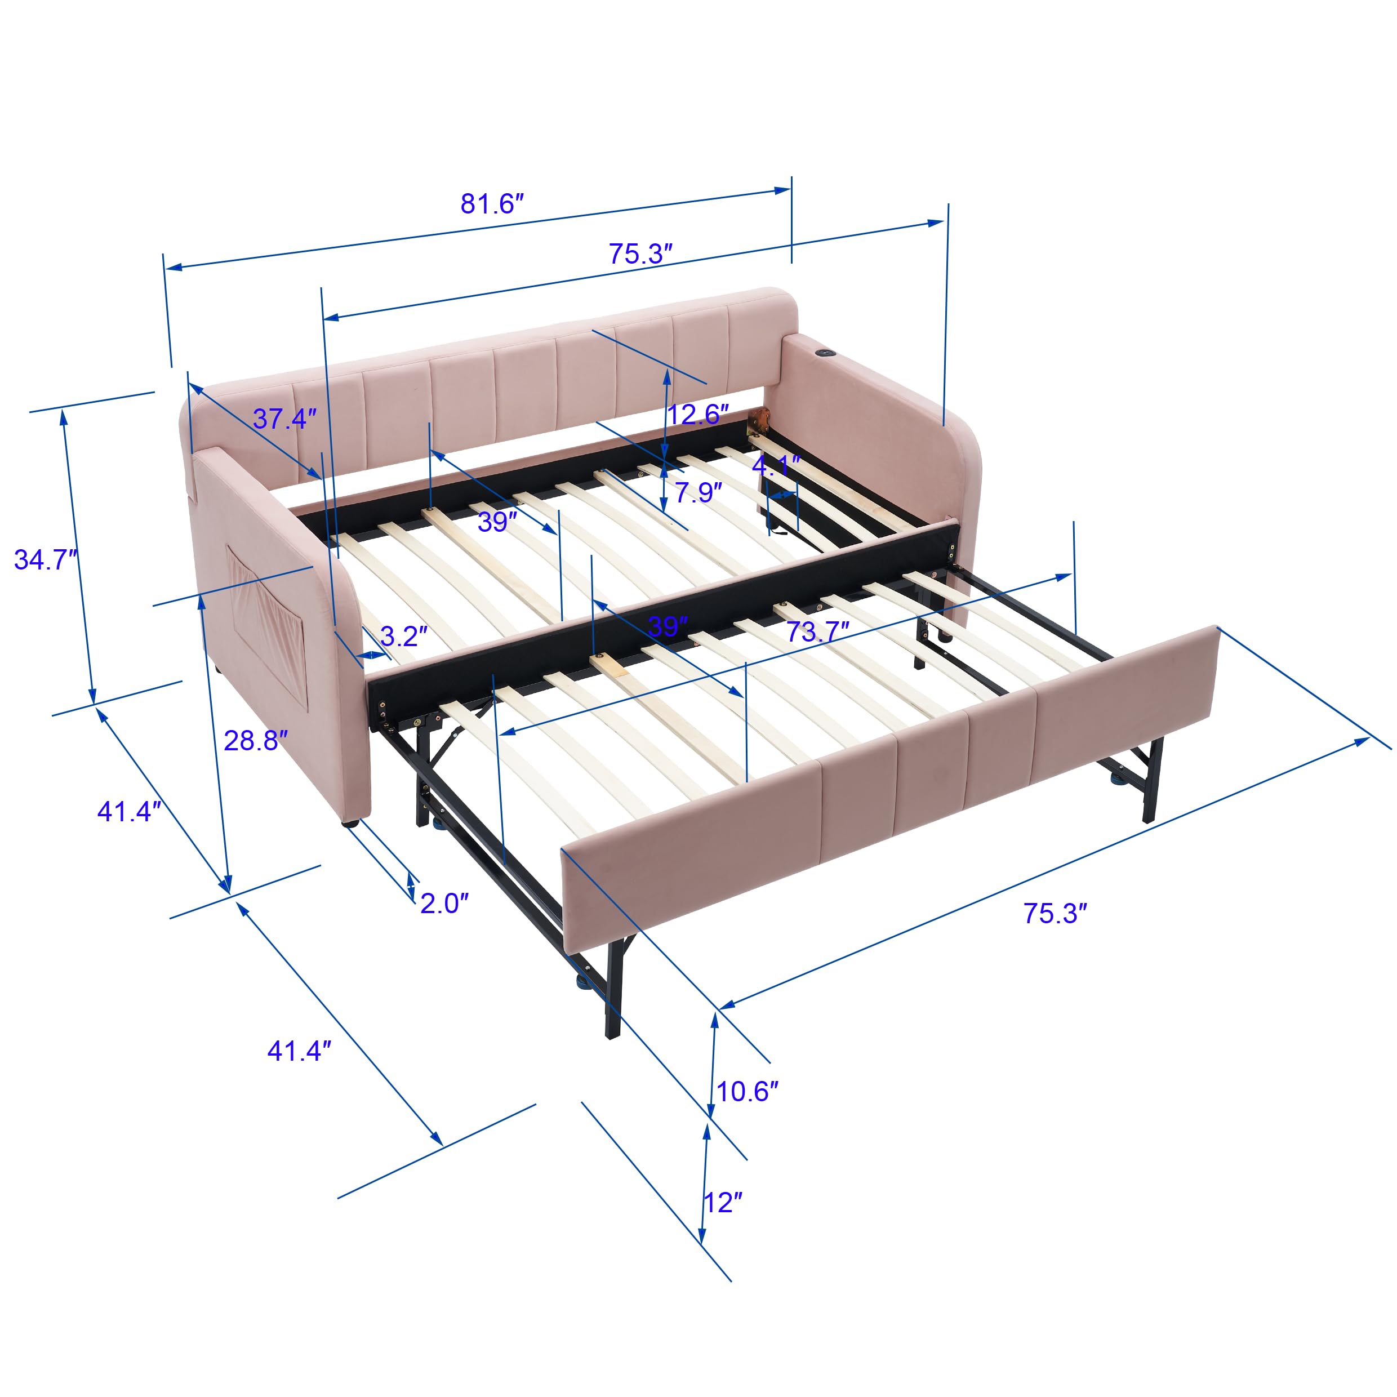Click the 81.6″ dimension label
click(492, 204)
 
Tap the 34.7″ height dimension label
click(46, 560)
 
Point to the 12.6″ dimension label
click(698, 415)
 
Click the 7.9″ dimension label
click(698, 492)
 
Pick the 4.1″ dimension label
click(776, 464)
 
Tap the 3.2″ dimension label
click(403, 637)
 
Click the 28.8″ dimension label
click(255, 740)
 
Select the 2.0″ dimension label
click(444, 903)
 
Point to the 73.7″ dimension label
click(817, 632)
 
